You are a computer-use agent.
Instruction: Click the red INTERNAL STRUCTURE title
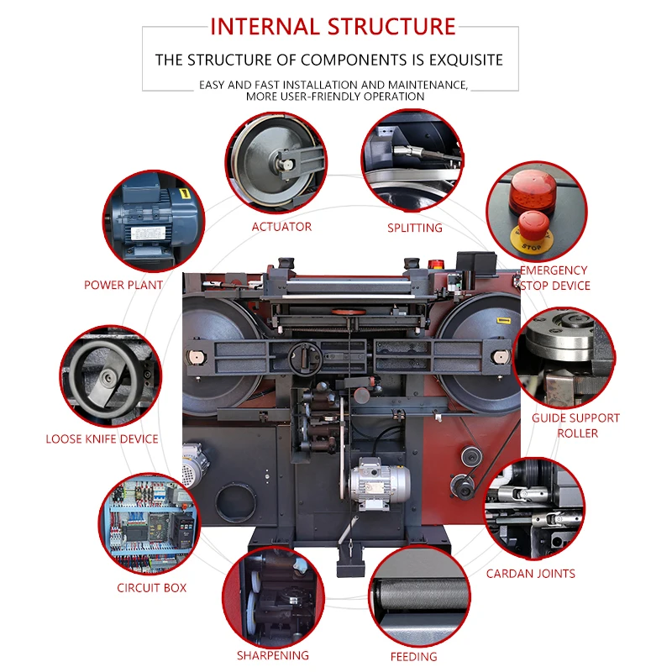[x=333, y=26]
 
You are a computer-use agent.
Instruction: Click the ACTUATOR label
[x=281, y=227]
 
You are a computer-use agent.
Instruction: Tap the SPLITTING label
[x=414, y=228]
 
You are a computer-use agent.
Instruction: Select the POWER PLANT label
[x=123, y=286]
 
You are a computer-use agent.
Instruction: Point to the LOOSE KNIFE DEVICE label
[x=102, y=438]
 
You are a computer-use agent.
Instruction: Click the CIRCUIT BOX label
[x=152, y=588]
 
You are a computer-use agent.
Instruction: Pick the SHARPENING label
[x=272, y=655]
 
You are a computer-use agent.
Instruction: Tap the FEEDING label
[x=413, y=656]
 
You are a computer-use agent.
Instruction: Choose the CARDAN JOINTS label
[x=531, y=574]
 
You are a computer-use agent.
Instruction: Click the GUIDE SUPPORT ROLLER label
[x=577, y=425]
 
